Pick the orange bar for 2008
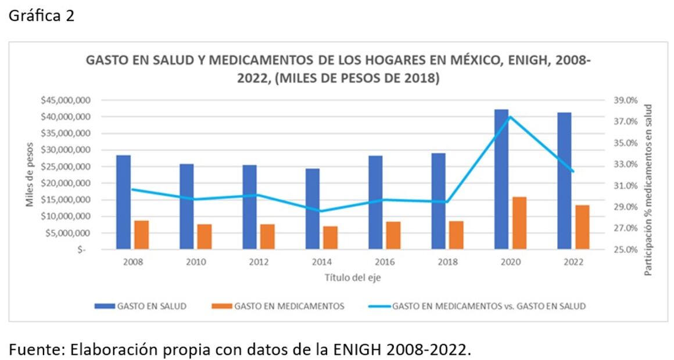[142, 235]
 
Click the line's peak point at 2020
[510, 117]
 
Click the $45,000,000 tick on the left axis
[65, 100]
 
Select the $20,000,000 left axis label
[65, 183]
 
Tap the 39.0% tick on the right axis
[625, 100]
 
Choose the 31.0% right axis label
[625, 186]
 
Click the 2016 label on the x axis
[384, 262]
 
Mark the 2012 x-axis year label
[258, 262]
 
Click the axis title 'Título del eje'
[353, 278]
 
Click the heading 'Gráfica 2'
[41, 16]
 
